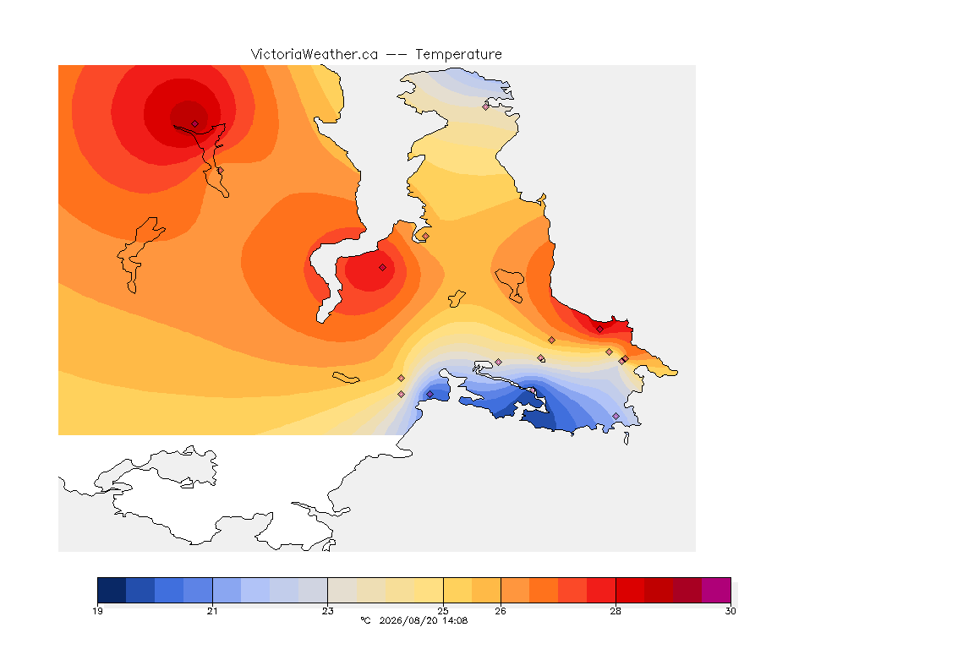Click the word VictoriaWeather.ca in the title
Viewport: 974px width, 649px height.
pyautogui.click(x=315, y=55)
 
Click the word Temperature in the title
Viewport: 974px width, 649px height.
pyautogui.click(x=458, y=55)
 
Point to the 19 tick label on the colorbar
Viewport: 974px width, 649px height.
pyautogui.click(x=97, y=611)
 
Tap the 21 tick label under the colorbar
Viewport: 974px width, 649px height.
pyautogui.click(x=212, y=611)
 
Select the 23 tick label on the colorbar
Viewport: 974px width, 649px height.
pyautogui.click(x=327, y=611)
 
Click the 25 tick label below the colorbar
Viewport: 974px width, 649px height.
pyautogui.click(x=443, y=611)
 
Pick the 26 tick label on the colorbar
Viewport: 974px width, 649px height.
pyautogui.click(x=501, y=611)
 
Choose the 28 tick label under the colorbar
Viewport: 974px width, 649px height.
pyautogui.click(x=616, y=611)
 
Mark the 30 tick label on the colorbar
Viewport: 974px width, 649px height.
pyautogui.click(x=730, y=611)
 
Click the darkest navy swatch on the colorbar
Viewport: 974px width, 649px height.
pyautogui.click(x=112, y=590)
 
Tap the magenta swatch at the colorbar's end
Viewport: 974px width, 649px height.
pyautogui.click(x=716, y=590)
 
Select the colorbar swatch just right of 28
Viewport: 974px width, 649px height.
pyautogui.click(x=630, y=590)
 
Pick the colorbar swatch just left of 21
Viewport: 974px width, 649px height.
pyautogui.click(x=198, y=590)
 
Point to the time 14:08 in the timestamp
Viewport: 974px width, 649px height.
pyautogui.click(x=455, y=620)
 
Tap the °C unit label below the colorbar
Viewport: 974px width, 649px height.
pyautogui.click(x=365, y=620)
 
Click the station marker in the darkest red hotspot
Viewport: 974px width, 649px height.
pyautogui.click(x=195, y=124)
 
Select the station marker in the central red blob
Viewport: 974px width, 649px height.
pyautogui.click(x=383, y=268)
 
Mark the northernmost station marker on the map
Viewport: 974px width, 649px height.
pyautogui.click(x=486, y=106)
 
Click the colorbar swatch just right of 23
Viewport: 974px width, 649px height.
pyautogui.click(x=342, y=590)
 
